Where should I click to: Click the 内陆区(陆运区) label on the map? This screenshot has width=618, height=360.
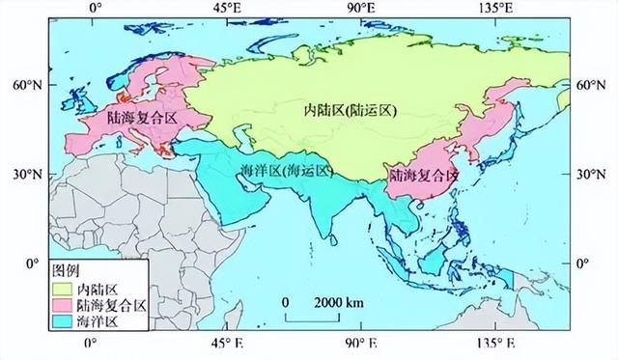pos(335,112)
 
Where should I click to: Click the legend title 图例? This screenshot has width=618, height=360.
pos(66,269)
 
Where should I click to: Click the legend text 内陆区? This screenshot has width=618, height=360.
pos(98,288)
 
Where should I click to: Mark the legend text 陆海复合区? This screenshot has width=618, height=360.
pos(113,304)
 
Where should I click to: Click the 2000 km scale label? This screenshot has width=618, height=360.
pos(333,301)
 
